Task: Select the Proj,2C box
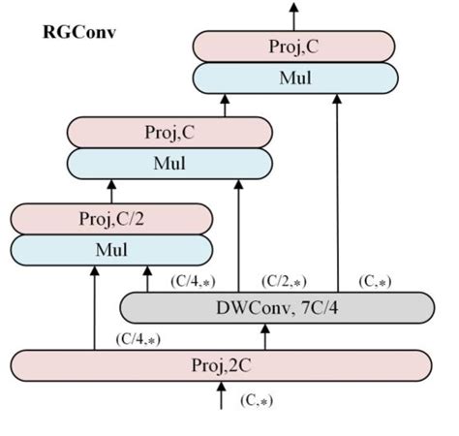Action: (x=222, y=365)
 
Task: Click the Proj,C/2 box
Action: (x=111, y=218)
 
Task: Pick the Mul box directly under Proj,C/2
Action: (x=111, y=249)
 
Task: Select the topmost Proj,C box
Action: (x=294, y=46)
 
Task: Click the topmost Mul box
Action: (x=294, y=78)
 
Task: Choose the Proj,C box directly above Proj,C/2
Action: (x=168, y=132)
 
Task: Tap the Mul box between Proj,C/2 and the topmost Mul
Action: (x=168, y=163)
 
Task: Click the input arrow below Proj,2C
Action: (x=222, y=395)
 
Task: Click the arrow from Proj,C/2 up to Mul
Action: (x=111, y=190)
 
